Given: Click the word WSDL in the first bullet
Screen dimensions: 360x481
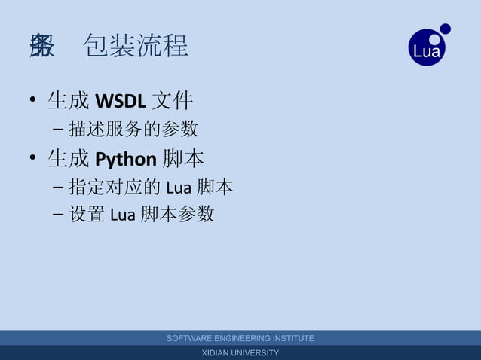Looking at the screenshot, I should [x=121, y=100].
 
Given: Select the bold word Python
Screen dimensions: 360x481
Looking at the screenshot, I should [x=126, y=159].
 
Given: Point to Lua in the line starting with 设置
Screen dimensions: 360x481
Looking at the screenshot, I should [x=122, y=215].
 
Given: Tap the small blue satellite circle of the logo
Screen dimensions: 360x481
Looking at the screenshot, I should [x=446, y=29].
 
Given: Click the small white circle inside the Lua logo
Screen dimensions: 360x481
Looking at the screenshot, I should [x=435, y=38].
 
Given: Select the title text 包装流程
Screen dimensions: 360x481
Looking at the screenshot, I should [x=136, y=46].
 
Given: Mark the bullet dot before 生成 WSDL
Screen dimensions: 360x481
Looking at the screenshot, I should [x=32, y=101].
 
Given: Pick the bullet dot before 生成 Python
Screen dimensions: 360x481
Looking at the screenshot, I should [x=32, y=160].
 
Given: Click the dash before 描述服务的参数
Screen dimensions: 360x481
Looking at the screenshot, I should [x=59, y=130].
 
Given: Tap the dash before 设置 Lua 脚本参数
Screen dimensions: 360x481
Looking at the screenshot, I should [x=59, y=215].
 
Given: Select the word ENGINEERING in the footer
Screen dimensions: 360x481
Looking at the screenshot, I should [x=250, y=338].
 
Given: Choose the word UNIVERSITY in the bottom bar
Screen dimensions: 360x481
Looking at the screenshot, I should [x=257, y=353].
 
